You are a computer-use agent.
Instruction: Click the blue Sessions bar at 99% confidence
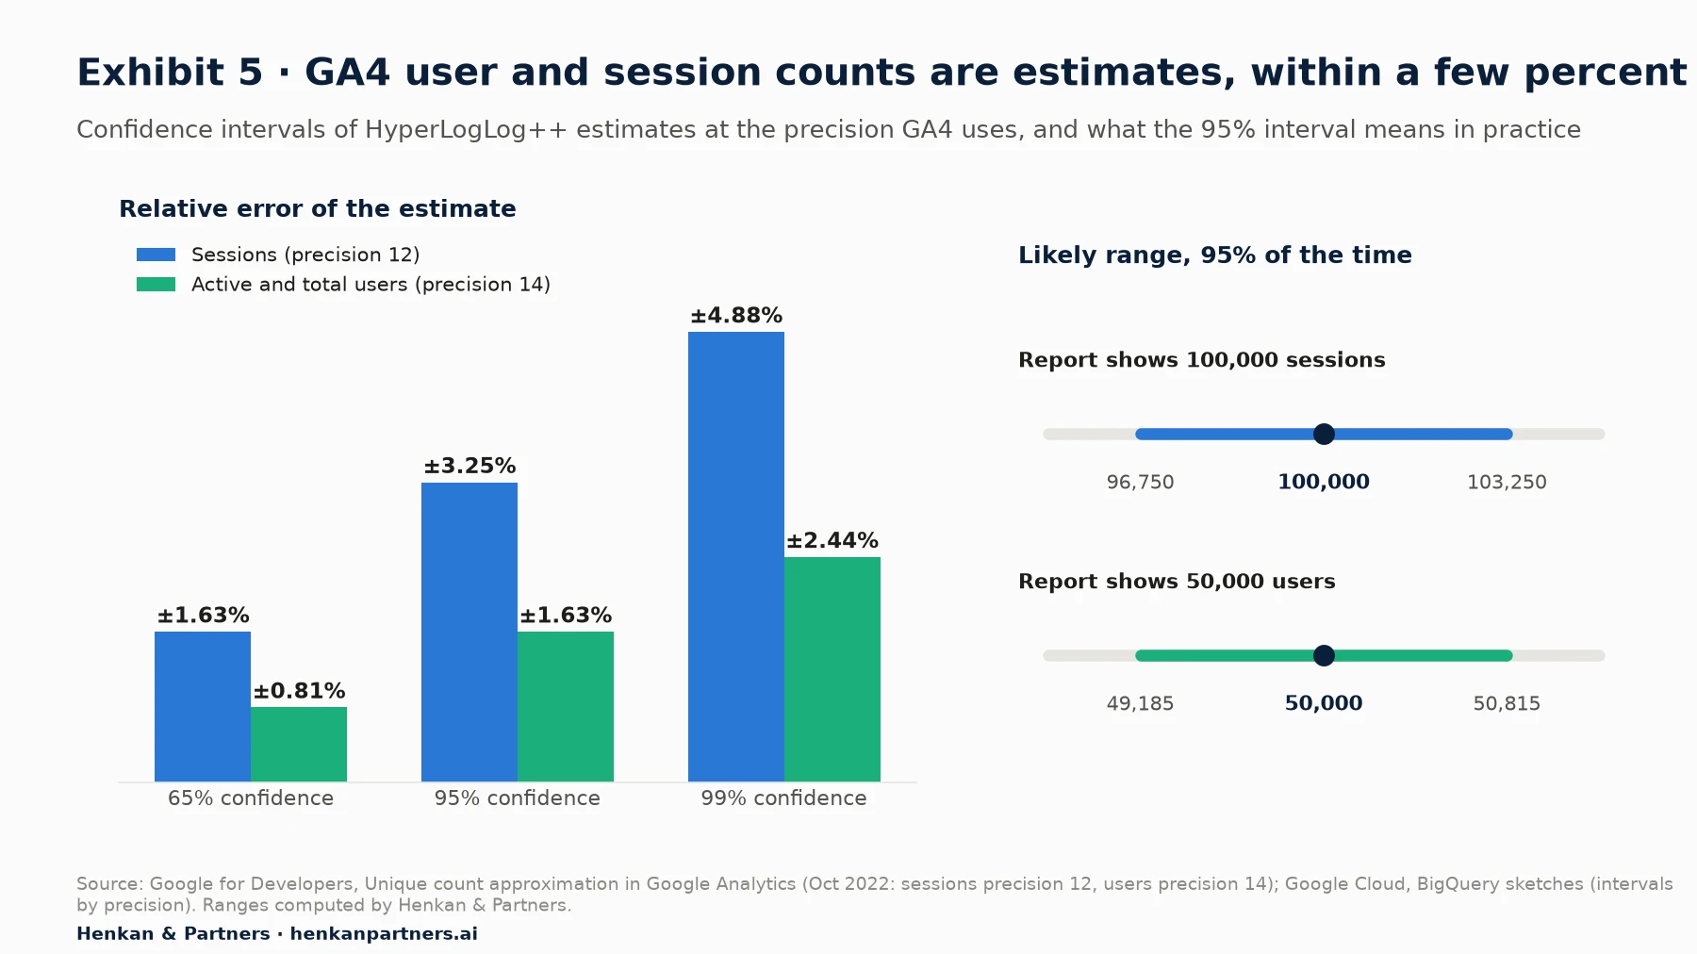point(736,556)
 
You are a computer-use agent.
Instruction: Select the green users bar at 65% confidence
point(299,744)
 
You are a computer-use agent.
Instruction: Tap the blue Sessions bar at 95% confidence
point(470,632)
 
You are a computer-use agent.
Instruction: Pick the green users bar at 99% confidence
point(832,669)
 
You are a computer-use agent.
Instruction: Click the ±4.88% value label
point(736,316)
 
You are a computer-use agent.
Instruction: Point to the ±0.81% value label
point(299,691)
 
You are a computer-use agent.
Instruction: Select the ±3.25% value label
point(470,466)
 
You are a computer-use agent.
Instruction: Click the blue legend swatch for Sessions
point(156,255)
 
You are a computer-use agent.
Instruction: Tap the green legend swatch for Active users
point(156,284)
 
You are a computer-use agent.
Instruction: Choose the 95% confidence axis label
point(517,798)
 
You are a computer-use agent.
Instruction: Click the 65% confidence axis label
point(251,798)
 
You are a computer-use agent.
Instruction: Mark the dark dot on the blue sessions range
point(1324,434)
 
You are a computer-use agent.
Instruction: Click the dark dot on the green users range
point(1324,655)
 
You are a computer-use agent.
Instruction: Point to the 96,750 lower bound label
point(1140,483)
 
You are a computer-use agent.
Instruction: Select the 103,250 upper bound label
point(1507,483)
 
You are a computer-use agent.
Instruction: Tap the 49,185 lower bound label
point(1140,704)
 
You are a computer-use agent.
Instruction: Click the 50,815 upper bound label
point(1507,704)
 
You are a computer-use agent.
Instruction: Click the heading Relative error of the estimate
point(318,208)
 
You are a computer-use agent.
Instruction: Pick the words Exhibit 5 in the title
point(170,73)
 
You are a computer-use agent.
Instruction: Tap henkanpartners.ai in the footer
point(384,934)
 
